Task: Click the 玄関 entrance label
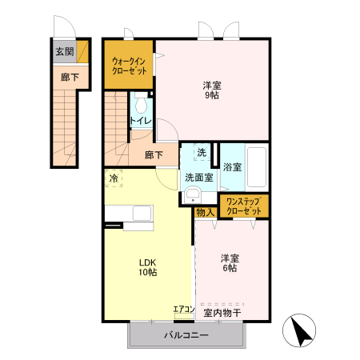click(64, 52)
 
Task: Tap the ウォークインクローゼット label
click(128, 64)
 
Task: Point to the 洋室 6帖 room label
click(230, 263)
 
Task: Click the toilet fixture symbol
click(141, 104)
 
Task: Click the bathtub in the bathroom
click(256, 166)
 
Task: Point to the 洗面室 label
click(198, 177)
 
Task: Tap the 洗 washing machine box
click(202, 152)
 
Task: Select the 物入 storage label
click(205, 212)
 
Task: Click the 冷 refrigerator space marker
click(114, 178)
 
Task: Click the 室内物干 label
click(221, 312)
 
